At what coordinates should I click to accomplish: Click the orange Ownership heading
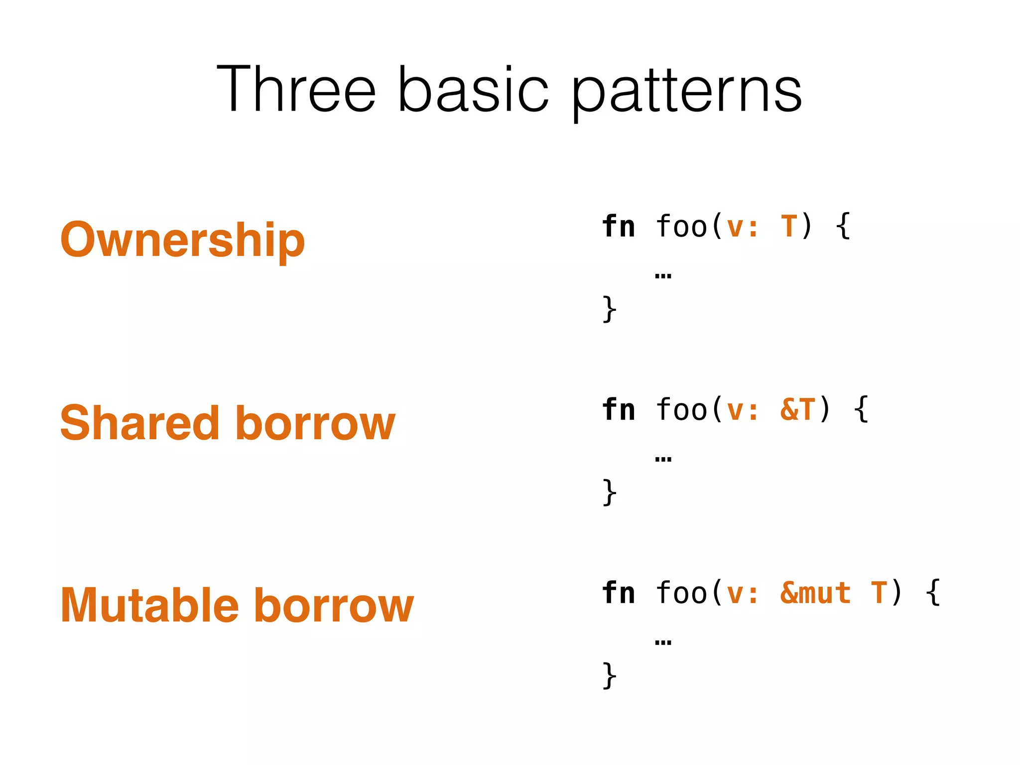pos(182,240)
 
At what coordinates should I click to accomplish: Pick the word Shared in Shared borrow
pos(139,423)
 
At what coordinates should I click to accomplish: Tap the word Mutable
pos(149,606)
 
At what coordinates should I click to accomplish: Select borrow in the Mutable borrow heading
pos(334,606)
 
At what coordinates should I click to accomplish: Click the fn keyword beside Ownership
pos(619,227)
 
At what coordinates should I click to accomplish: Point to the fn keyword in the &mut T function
pos(619,593)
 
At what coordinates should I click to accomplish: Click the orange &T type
pos(797,410)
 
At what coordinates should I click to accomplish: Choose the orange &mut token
pos(815,593)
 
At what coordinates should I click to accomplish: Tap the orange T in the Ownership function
pos(789,227)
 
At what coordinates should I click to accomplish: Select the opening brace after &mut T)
pos(933,593)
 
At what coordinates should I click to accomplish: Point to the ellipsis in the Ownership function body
pos(663,275)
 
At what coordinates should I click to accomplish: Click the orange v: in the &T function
pos(742,410)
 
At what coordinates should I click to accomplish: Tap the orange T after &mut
pos(879,593)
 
